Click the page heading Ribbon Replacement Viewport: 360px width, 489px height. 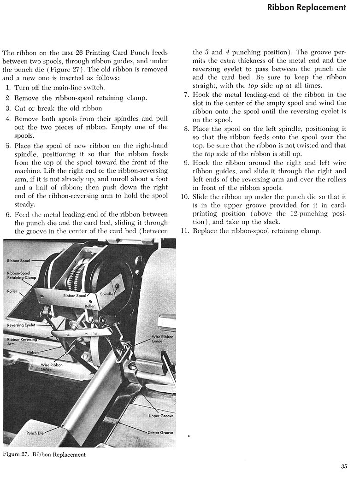point(306,7)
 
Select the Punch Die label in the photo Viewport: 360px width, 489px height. point(35,433)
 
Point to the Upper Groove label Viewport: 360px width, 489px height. point(161,416)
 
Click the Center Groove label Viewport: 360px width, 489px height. point(160,433)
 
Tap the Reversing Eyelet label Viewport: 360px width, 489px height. point(21,325)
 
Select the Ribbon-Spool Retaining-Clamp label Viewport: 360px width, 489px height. point(22,275)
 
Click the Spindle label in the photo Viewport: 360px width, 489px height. point(106,294)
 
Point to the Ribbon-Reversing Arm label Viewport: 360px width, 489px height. point(19,342)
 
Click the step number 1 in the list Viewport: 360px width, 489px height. point(8,88)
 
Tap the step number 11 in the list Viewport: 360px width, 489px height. point(185,231)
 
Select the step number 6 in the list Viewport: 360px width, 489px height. point(8,215)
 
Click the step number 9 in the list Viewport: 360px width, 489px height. point(186,163)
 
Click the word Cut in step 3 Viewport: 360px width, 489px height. point(20,108)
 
